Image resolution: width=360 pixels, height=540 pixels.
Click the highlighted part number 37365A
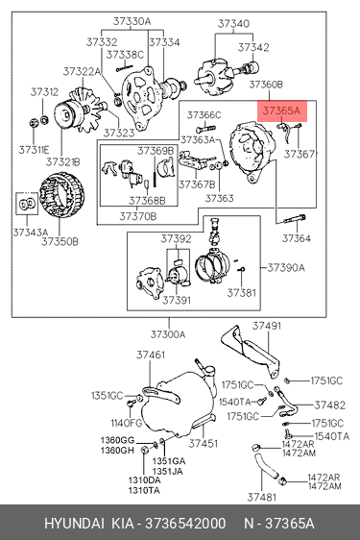(x=281, y=110)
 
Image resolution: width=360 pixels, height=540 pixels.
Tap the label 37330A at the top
(x=132, y=22)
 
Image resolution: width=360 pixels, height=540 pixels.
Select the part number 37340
(x=233, y=24)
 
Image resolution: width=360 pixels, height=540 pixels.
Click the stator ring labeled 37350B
(x=61, y=198)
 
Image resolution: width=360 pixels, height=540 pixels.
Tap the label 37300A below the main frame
(x=168, y=334)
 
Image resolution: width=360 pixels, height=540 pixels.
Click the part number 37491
(x=267, y=326)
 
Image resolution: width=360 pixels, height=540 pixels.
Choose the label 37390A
(x=286, y=267)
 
